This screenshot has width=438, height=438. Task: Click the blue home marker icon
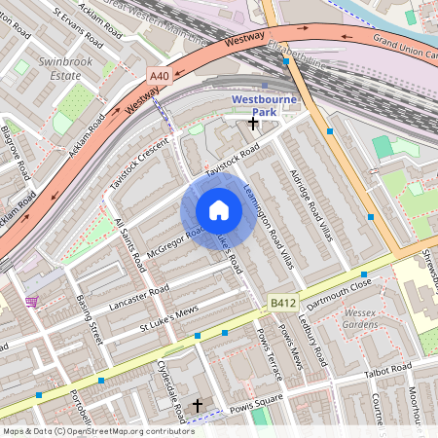coord(219,210)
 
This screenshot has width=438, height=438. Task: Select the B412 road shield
coord(282,305)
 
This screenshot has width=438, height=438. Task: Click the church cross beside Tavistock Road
coord(254,123)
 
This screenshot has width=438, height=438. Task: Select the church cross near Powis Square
coord(199,404)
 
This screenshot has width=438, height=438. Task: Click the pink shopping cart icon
coord(33,302)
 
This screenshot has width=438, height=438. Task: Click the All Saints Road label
coord(129,245)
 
